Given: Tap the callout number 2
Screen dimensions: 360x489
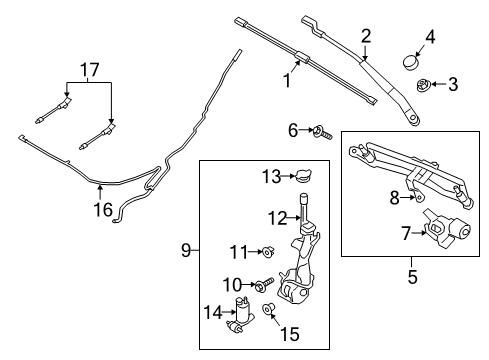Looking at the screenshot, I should [366, 36].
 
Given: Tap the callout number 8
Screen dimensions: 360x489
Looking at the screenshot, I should [394, 198].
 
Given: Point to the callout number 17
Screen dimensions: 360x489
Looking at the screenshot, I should [89, 70].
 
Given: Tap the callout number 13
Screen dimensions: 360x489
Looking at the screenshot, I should [267, 177].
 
